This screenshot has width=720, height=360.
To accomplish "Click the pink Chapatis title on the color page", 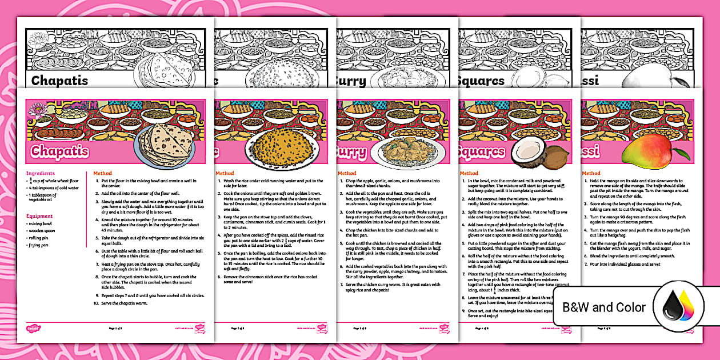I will click(x=60, y=151).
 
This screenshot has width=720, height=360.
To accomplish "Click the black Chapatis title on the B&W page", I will click(x=60, y=80).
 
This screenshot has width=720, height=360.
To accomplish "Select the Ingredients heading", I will click(x=41, y=173).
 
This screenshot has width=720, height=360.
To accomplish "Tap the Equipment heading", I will click(x=39, y=216).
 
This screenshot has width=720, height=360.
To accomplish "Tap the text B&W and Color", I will click(x=604, y=307).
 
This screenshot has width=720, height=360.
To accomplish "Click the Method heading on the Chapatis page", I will click(x=102, y=173).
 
